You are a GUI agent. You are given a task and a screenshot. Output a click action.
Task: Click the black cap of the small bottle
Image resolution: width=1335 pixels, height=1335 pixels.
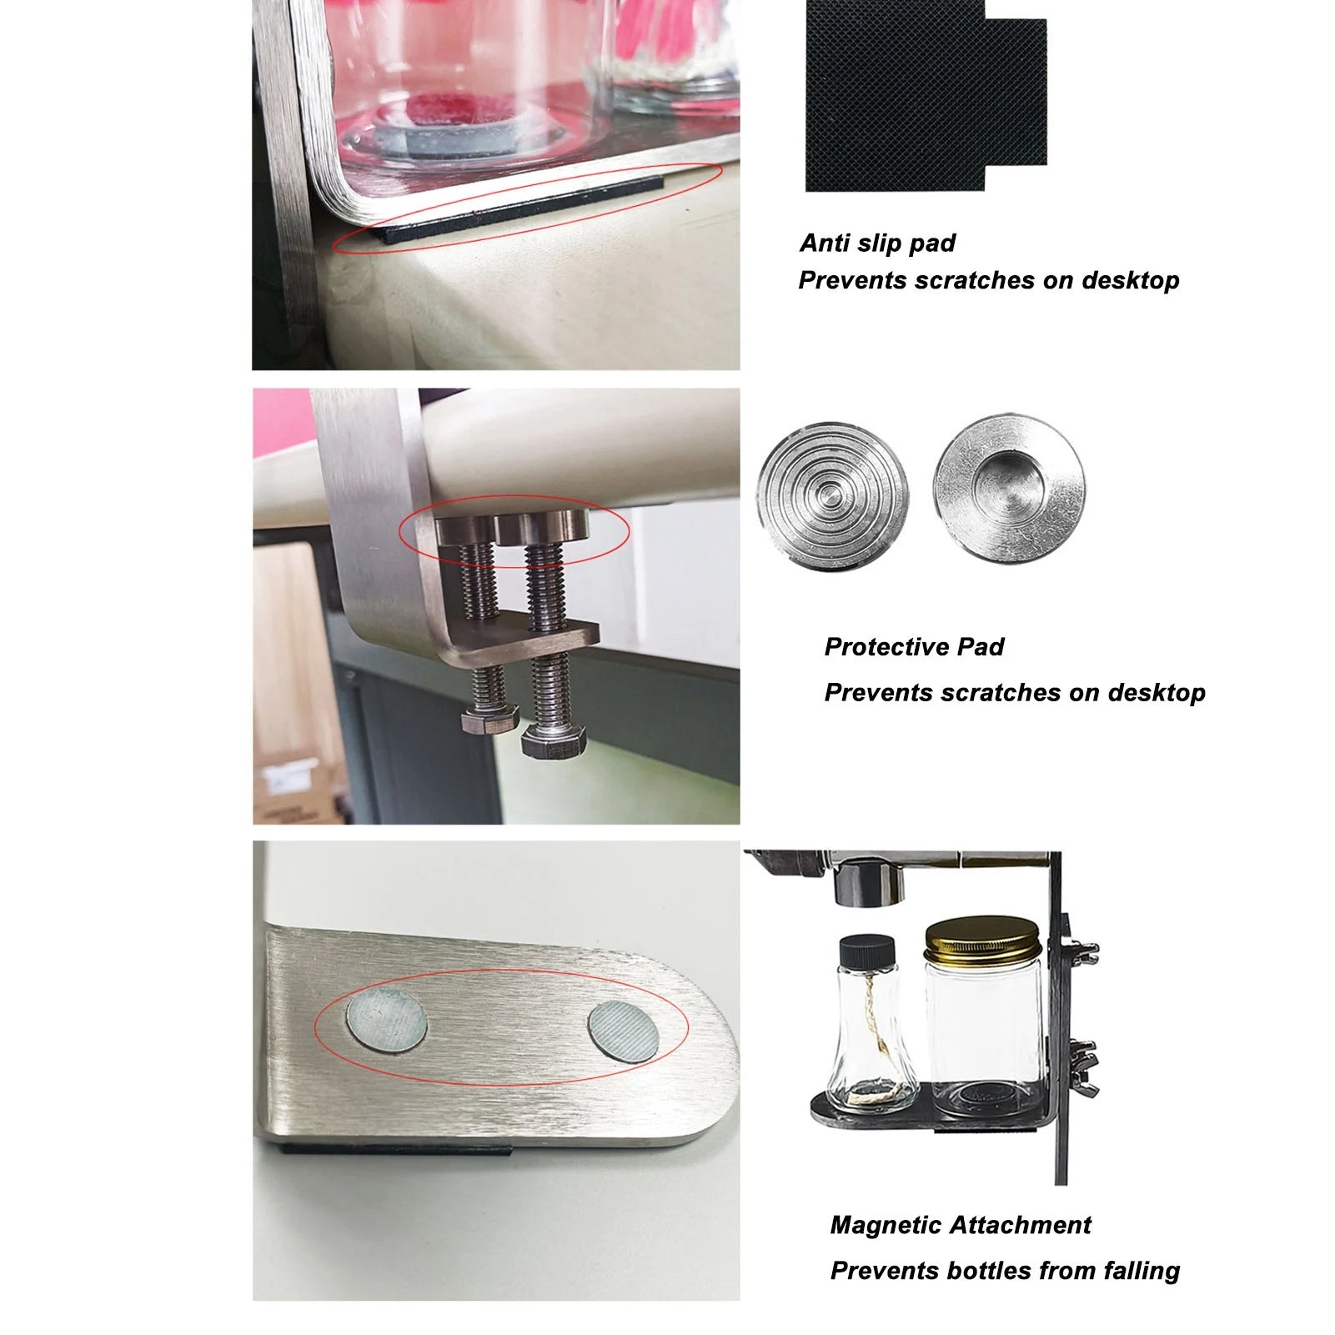click(x=867, y=951)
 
